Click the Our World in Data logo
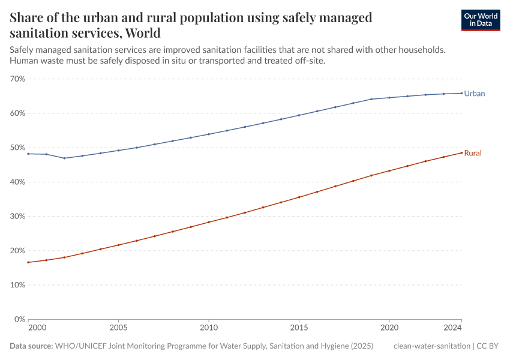tap(480, 20)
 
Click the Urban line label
tap(474, 94)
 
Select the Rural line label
tap(473, 154)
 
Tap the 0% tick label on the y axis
tap(19, 319)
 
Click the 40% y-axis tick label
tap(17, 182)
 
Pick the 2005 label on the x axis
tap(118, 328)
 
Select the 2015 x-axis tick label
tap(299, 328)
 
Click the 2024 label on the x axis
tap(453, 328)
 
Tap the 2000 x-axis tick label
tap(36, 328)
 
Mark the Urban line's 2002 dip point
tap(64, 158)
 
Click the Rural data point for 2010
tap(209, 222)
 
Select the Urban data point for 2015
tap(299, 115)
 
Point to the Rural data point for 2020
tap(389, 170)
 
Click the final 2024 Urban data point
tap(461, 93)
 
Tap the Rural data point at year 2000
tap(28, 262)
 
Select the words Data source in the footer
tap(31, 346)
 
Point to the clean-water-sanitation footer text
tap(432, 346)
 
